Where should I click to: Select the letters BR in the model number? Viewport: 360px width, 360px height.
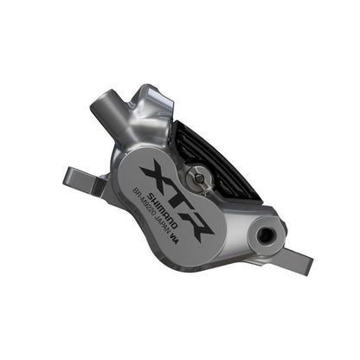pos(142,200)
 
